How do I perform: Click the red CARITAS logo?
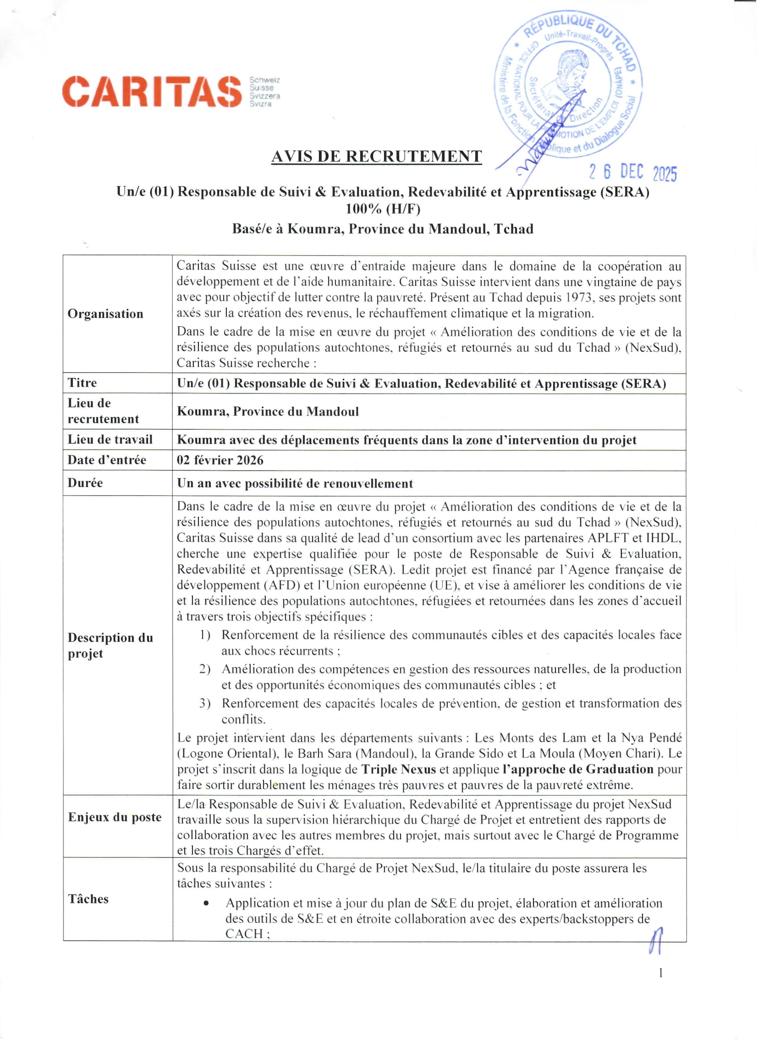coord(152,92)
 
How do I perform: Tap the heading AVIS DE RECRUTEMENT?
coord(376,157)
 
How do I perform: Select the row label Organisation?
coord(105,314)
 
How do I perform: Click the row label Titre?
coord(82,383)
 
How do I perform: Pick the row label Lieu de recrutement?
coord(103,411)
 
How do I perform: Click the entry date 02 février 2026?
coord(220,460)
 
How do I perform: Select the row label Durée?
coord(85,483)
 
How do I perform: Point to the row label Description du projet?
coord(110,645)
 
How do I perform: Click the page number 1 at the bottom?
coord(660,973)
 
